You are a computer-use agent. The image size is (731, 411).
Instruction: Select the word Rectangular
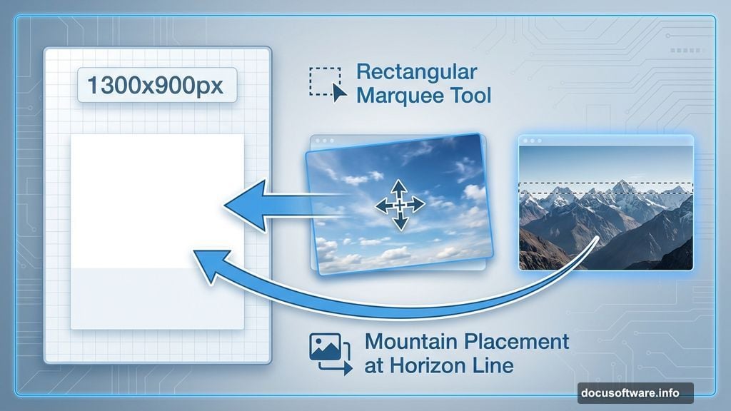pyautogui.click(x=416, y=72)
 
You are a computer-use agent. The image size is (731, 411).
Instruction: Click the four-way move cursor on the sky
pyautogui.click(x=400, y=205)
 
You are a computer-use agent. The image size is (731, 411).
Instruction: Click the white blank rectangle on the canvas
pyautogui.click(x=157, y=200)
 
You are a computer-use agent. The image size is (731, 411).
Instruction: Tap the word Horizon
pyautogui.click(x=435, y=367)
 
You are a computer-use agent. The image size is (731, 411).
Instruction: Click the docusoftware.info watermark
pyautogui.click(x=626, y=392)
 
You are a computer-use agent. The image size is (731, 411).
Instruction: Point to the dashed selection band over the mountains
pyautogui.click(x=605, y=188)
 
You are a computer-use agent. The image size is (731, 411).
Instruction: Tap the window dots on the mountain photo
pyautogui.click(x=530, y=141)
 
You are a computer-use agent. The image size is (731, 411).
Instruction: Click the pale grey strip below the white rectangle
pyautogui.click(x=157, y=298)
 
